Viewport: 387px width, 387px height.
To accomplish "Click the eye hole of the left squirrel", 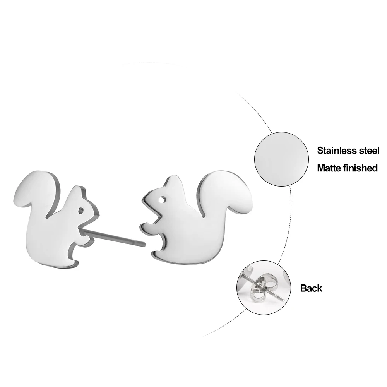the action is pos(80,210).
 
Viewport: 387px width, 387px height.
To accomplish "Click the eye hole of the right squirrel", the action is pos(163,199).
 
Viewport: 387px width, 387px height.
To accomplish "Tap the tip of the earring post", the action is pos(144,244).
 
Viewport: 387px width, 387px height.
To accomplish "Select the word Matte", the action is pos(329,168).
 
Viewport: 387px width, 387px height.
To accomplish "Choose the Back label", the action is pos(311,288).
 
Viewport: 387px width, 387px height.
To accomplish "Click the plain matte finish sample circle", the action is pos(281,159).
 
